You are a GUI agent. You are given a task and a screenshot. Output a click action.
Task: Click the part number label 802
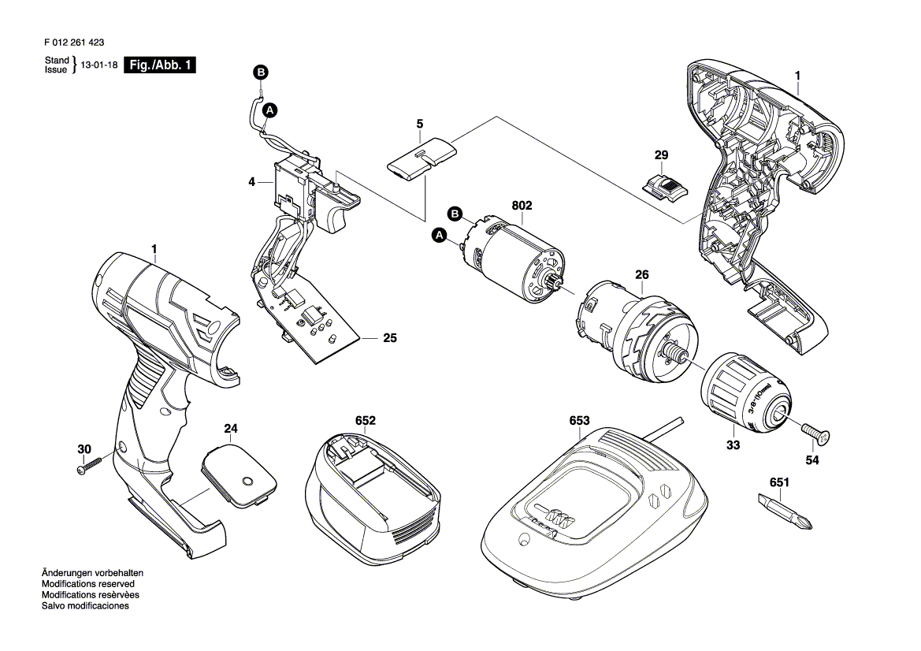point(522,206)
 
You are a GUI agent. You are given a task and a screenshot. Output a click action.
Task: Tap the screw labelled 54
point(818,431)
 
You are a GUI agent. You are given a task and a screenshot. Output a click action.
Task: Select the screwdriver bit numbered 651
point(785,511)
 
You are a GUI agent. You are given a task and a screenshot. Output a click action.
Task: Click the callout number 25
point(389,339)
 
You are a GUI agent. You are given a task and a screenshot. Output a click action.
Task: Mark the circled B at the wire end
point(260,73)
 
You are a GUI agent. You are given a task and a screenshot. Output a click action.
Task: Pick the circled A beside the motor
point(440,235)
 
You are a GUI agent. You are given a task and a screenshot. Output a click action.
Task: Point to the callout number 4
point(251,181)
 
